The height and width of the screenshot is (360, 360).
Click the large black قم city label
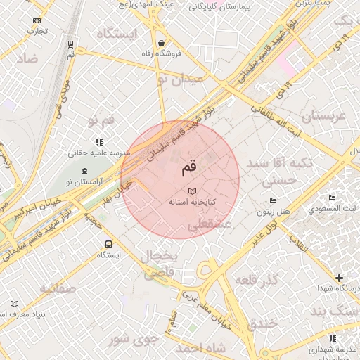click(189, 168)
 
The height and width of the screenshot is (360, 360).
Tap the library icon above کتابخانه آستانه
click(192, 191)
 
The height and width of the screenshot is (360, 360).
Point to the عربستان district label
click(323, 116)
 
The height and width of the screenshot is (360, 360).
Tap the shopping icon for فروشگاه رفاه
click(162, 41)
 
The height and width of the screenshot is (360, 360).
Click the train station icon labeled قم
click(71, 44)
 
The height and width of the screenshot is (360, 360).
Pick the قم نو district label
click(101, 121)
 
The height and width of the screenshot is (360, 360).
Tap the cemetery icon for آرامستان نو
click(85, 171)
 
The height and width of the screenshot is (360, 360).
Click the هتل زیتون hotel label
click(274, 211)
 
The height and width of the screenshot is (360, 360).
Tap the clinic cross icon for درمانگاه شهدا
click(340, 278)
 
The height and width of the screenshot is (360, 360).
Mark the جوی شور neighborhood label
click(129, 340)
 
